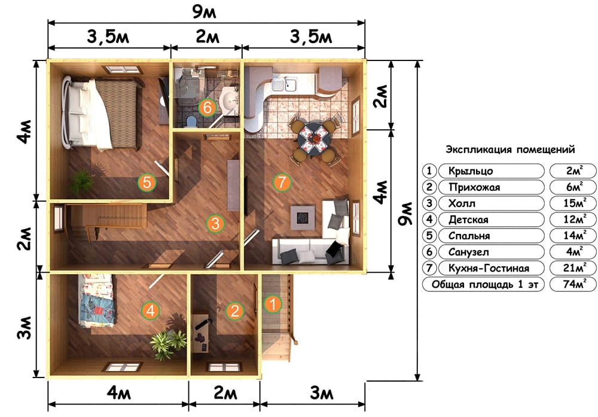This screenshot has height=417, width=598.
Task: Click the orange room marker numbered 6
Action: click(x=207, y=107)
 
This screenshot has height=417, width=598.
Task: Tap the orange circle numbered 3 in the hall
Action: click(x=215, y=223)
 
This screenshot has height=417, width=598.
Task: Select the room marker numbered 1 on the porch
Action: click(x=272, y=304)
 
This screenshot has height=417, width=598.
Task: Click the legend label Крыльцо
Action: click(x=471, y=171)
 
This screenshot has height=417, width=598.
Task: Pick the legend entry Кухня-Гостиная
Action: click(x=489, y=268)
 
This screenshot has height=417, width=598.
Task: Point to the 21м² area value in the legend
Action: click(x=573, y=268)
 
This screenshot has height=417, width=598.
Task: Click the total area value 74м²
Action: click(x=573, y=284)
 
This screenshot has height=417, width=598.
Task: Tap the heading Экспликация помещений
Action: click(x=510, y=150)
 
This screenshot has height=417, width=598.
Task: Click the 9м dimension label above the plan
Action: click(x=204, y=12)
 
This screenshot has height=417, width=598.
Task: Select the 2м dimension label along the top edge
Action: click(x=207, y=37)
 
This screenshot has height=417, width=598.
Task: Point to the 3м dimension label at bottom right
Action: click(x=322, y=393)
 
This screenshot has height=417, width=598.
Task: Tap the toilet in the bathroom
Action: click(x=191, y=121)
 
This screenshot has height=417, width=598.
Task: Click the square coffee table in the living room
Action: click(x=303, y=218)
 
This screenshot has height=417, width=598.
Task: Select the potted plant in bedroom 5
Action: click(x=82, y=182)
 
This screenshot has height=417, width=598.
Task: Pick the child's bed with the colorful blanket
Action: click(x=96, y=301)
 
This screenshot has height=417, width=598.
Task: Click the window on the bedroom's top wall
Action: click(x=123, y=69)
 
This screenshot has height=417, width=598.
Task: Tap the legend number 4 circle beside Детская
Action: click(x=429, y=220)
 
